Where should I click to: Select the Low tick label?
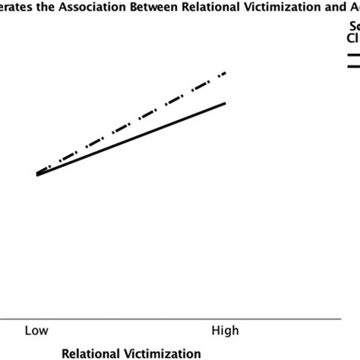36,330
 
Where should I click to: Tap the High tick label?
225,330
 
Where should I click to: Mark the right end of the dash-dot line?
226,74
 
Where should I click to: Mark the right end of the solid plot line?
226,102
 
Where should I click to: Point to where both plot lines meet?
37,175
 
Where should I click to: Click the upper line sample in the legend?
353,55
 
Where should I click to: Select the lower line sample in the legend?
353,67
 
